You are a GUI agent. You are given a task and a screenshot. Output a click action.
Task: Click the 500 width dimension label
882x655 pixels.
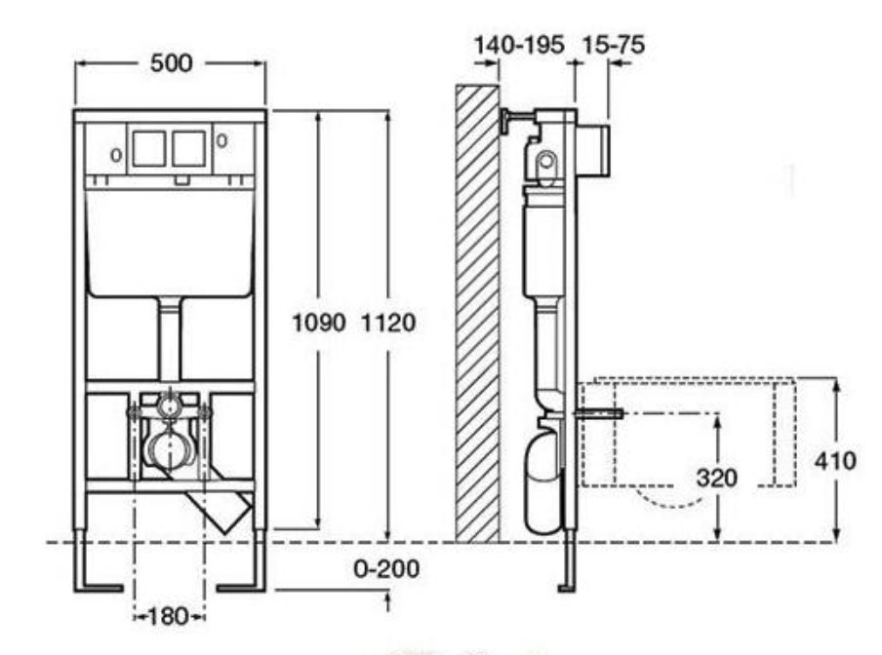tap(172, 63)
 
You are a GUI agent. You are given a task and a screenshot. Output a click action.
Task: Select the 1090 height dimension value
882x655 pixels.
tap(319, 323)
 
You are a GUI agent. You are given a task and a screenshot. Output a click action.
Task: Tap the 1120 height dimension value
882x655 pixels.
tap(388, 323)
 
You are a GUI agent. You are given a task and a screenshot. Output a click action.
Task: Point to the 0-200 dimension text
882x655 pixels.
tap(386, 569)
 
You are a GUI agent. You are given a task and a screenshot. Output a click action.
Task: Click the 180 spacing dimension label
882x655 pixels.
tap(168, 616)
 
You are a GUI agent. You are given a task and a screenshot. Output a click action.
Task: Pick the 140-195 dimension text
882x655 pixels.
tap(519, 45)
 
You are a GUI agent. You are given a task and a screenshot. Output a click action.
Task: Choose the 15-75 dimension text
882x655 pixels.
tap(613, 45)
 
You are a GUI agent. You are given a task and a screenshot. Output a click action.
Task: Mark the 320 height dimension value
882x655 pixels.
tap(716, 478)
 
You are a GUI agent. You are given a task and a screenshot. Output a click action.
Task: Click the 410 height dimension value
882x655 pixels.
tap(835, 461)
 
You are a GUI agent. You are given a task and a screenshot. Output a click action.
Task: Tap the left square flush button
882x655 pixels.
tap(149, 149)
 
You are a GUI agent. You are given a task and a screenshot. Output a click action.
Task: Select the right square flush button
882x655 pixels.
tap(189, 149)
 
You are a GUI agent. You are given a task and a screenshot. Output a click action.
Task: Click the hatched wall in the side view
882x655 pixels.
tap(477, 314)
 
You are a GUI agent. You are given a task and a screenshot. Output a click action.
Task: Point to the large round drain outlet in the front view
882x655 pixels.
tap(169, 446)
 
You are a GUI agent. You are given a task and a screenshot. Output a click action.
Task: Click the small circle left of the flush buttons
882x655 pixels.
tap(116, 155)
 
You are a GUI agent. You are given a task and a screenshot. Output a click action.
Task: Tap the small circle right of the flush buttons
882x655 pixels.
tap(222, 140)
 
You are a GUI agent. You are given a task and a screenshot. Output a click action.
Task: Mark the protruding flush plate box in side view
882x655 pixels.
tap(593, 150)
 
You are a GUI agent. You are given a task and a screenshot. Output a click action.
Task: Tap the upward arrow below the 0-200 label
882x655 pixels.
tap(387, 600)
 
